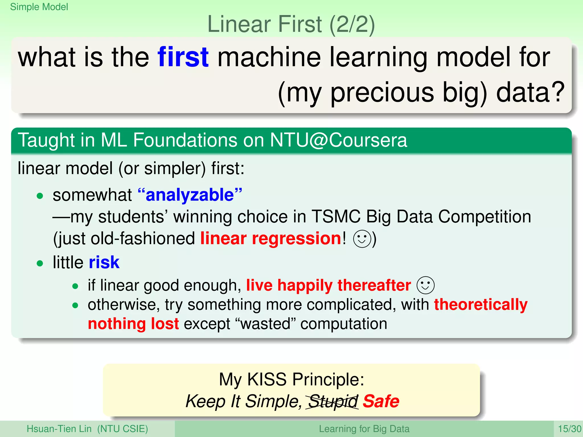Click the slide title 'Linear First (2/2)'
[x=291, y=24]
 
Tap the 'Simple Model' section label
[x=39, y=7]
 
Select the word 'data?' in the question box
[x=530, y=92]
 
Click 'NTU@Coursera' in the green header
[x=338, y=140]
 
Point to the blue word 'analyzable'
[x=190, y=195]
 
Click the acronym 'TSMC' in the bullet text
[x=336, y=217]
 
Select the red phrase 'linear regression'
[x=270, y=238]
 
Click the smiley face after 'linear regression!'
[x=362, y=239]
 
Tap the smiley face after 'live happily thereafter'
[x=426, y=285]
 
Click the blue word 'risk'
[x=104, y=262]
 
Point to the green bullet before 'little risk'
[x=40, y=263]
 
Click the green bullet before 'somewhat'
[x=40, y=196]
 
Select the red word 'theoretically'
[x=481, y=305]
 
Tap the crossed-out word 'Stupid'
[x=333, y=401]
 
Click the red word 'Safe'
[x=381, y=401]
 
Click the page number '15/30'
[x=569, y=429]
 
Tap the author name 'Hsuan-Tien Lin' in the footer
[x=59, y=429]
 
